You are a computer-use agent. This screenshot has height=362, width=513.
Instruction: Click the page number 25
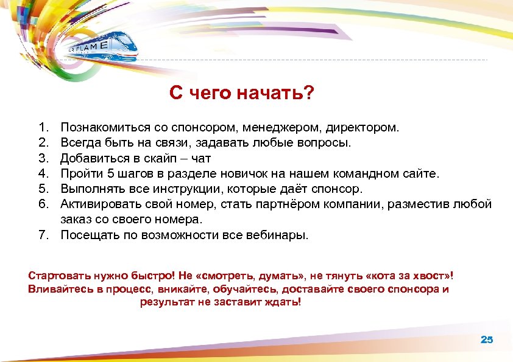(x=486, y=339)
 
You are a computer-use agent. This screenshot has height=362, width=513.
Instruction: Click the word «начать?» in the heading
(x=275, y=94)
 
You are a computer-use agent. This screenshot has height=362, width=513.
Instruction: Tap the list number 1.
(x=42, y=128)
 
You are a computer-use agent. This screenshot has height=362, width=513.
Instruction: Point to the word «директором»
(x=370, y=128)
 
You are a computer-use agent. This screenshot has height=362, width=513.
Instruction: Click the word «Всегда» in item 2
(x=80, y=144)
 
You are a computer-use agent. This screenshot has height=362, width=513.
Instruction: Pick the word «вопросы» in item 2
(x=324, y=144)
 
